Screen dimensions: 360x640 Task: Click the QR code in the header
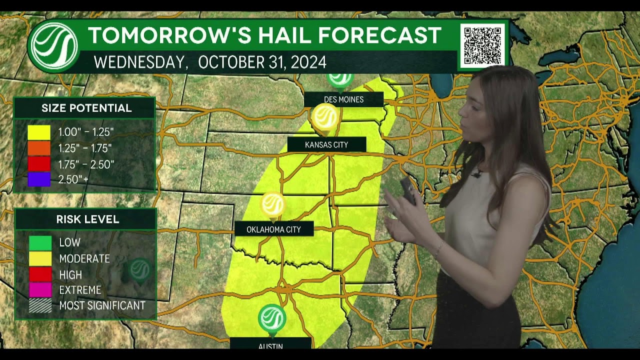(x=482, y=45)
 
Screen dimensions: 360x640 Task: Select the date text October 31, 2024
(x=262, y=62)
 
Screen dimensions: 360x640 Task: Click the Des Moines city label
(x=343, y=99)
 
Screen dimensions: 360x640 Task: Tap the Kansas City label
(x=326, y=145)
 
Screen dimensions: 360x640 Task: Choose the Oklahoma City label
(x=274, y=229)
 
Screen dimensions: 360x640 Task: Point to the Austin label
(x=270, y=345)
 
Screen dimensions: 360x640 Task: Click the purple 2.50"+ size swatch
(x=39, y=179)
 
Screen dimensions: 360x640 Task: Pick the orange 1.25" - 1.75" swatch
(x=39, y=148)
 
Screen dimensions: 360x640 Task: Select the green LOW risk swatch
(x=40, y=243)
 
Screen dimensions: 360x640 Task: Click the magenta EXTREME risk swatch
(x=40, y=290)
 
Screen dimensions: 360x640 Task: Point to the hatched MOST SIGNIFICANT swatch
(x=40, y=305)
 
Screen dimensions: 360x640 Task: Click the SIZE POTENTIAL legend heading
(x=86, y=108)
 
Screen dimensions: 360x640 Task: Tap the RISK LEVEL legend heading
(x=87, y=219)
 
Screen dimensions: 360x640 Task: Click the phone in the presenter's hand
(x=407, y=189)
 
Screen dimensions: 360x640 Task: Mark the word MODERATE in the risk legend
(x=84, y=258)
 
